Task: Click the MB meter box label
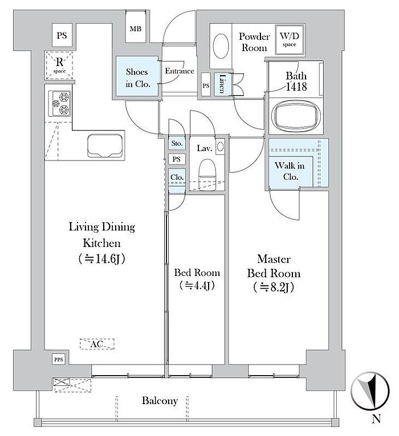tap(135, 28)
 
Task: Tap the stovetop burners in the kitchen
tap(60, 104)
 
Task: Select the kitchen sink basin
tap(105, 146)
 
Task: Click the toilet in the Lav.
tap(207, 174)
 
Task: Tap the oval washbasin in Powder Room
tap(221, 46)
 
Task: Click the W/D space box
tap(290, 40)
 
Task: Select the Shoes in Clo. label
tap(137, 77)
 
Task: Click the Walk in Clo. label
tap(290, 171)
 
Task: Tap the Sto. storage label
tap(177, 143)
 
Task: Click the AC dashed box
tap(97, 344)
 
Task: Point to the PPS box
tap(59, 360)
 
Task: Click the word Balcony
tap(160, 401)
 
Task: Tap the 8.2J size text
tap(274, 287)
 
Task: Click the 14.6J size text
tap(101, 258)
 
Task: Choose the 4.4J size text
tap(197, 285)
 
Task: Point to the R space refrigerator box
tap(59, 65)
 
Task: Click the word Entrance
tap(180, 71)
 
